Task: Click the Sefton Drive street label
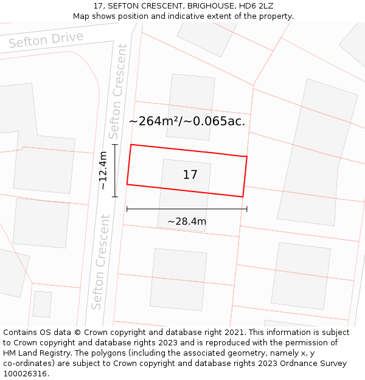click(x=46, y=40)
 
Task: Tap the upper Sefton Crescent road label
click(x=117, y=91)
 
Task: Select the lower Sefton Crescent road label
click(x=101, y=261)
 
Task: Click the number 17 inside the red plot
click(x=190, y=175)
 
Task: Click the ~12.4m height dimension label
click(x=103, y=170)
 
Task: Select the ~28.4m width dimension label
click(x=187, y=221)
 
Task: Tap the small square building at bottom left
click(x=42, y=304)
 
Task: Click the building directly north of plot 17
click(x=190, y=106)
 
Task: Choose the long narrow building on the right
click(x=317, y=152)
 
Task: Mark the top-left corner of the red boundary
click(x=131, y=145)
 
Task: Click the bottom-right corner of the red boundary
click(x=243, y=197)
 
